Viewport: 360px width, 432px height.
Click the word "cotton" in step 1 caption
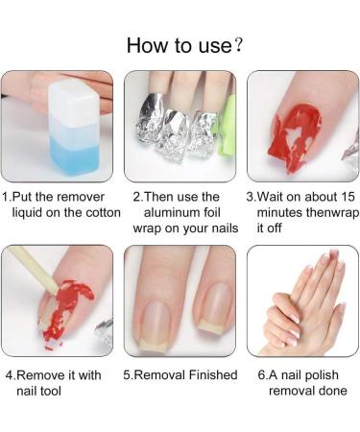coord(99,212)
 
